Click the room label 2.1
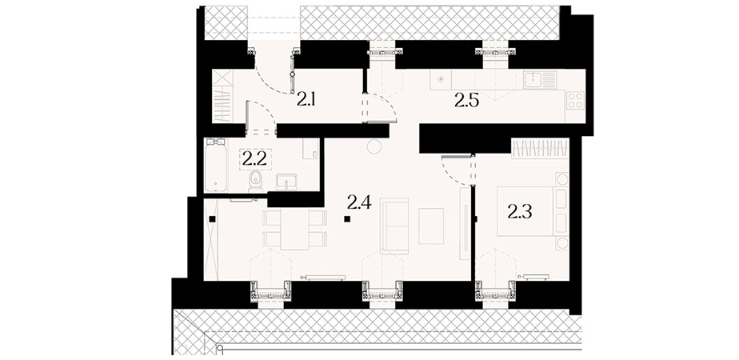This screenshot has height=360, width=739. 306,100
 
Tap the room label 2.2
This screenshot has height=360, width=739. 254,158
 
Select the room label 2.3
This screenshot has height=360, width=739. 520,212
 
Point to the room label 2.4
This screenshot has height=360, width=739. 359,202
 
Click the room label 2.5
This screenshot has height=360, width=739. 466,100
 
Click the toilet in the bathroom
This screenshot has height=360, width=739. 255,181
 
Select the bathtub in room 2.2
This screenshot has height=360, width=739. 216,165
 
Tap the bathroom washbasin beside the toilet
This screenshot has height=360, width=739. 286,182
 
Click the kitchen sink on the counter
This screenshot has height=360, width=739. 540,79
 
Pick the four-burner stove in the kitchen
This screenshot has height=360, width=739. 576,100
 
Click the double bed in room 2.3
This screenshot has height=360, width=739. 526,210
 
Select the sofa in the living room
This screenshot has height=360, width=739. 394,226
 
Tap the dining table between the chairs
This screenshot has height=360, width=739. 294,229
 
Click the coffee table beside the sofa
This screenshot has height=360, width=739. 431,226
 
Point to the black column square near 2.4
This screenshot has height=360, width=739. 347,218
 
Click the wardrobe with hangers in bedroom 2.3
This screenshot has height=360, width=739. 540,148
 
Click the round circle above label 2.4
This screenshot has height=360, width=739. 374,146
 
